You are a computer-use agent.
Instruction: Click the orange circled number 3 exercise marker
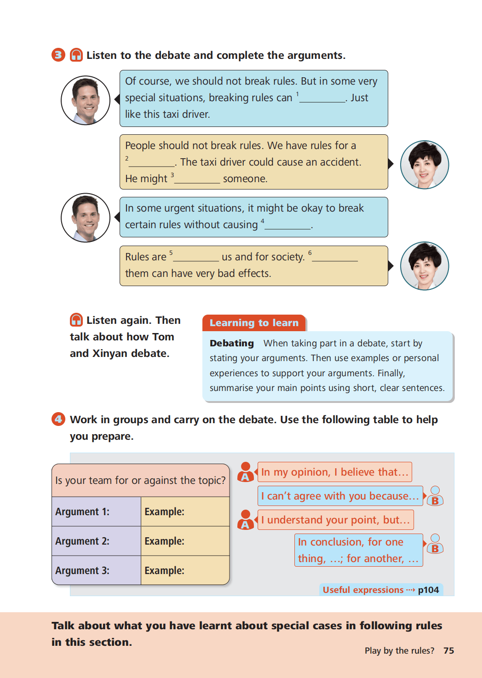tap(58, 55)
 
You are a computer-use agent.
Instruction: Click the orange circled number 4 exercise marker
tap(58, 419)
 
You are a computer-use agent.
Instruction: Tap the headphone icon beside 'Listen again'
tap(76, 320)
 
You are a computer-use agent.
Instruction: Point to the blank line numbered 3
tap(197, 183)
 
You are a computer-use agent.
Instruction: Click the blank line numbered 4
tap(288, 229)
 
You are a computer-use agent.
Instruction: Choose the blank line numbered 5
tap(196, 261)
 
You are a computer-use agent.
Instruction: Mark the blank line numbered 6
tap(335, 261)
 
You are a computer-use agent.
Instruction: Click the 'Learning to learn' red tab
tap(254, 322)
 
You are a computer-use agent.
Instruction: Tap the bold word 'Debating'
tap(232, 343)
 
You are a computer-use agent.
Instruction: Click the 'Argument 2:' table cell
tap(96, 541)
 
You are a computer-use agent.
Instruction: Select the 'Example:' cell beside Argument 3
tap(185, 570)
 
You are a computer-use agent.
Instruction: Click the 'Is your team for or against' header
tap(141, 480)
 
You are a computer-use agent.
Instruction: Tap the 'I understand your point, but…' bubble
tap(336, 520)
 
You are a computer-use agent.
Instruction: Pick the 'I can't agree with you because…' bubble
tap(340, 496)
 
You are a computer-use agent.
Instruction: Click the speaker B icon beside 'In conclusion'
tap(435, 544)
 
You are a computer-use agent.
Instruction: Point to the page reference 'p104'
tap(428, 590)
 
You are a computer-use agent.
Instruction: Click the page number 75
tap(449, 650)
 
